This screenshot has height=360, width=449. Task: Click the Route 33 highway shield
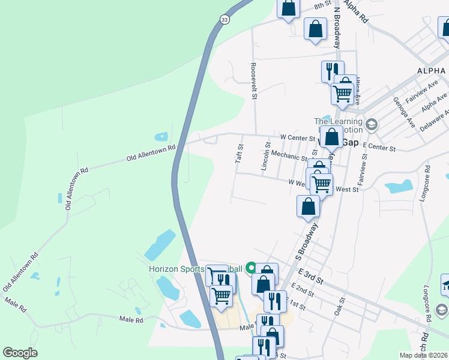(224, 20)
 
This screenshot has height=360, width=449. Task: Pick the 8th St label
(323, 5)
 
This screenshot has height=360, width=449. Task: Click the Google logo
(20, 352)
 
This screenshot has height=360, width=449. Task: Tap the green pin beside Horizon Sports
(251, 268)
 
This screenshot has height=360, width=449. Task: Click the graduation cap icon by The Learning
(372, 124)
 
